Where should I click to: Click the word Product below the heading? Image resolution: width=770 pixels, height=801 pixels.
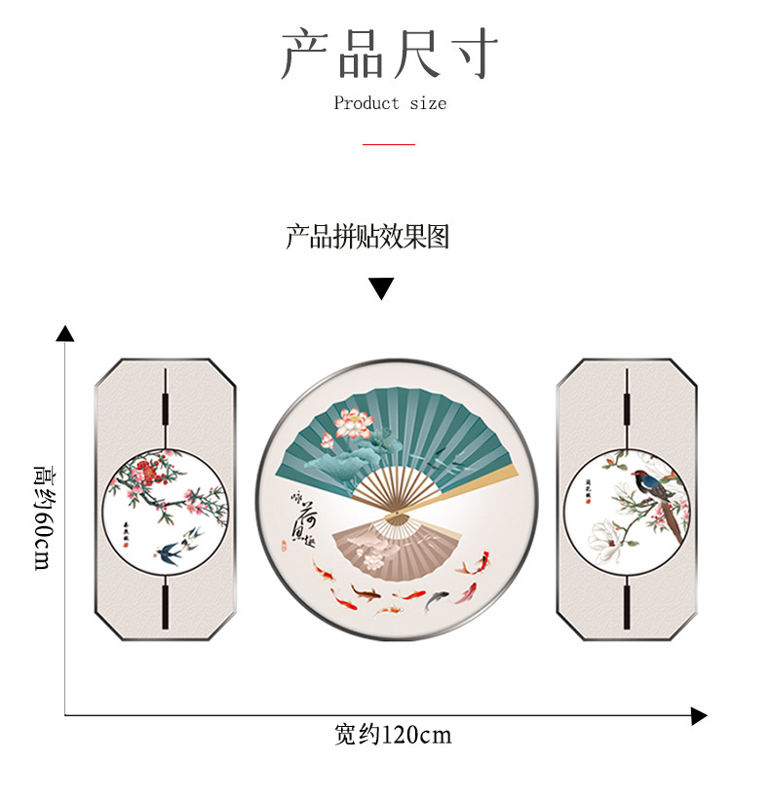(x=366, y=103)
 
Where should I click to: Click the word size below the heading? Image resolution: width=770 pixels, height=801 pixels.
(x=428, y=103)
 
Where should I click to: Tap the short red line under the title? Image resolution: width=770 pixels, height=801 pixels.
(x=389, y=144)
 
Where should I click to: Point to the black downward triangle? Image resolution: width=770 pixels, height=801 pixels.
(x=381, y=288)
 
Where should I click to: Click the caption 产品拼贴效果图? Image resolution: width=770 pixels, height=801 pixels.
(x=367, y=237)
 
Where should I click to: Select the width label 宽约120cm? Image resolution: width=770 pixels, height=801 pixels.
(x=393, y=735)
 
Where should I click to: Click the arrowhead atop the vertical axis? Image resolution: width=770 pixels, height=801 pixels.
(x=65, y=333)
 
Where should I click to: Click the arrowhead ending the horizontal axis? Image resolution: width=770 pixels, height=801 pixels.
(x=698, y=717)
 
